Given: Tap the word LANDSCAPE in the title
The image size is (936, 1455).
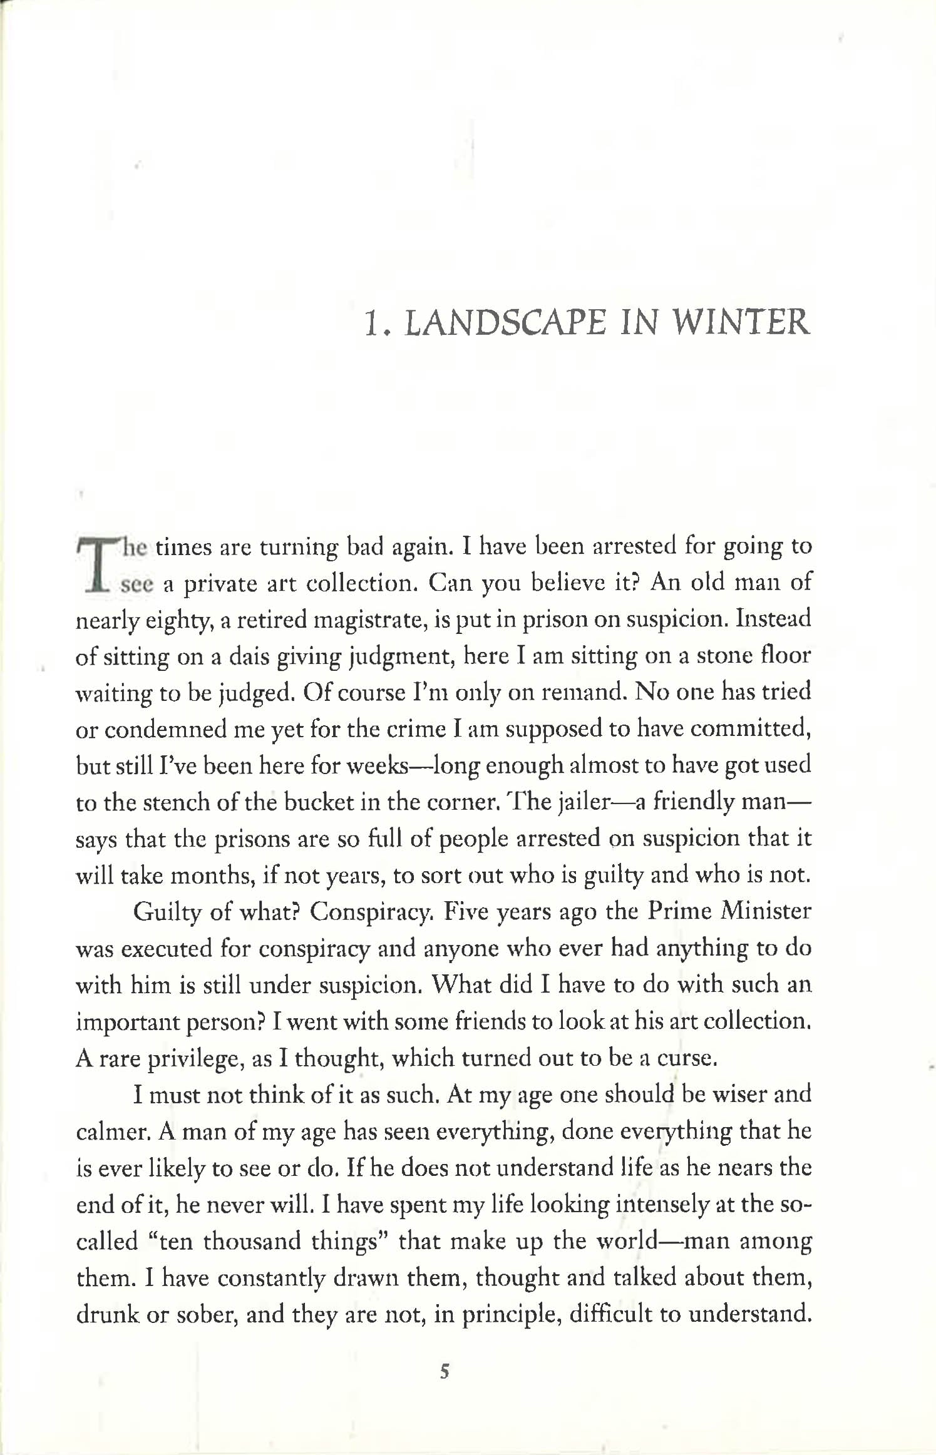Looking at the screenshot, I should pyautogui.click(x=505, y=323).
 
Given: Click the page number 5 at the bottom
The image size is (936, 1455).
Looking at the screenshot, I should pyautogui.click(x=445, y=1372).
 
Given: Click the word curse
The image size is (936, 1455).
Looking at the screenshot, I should pyautogui.click(x=686, y=1058).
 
